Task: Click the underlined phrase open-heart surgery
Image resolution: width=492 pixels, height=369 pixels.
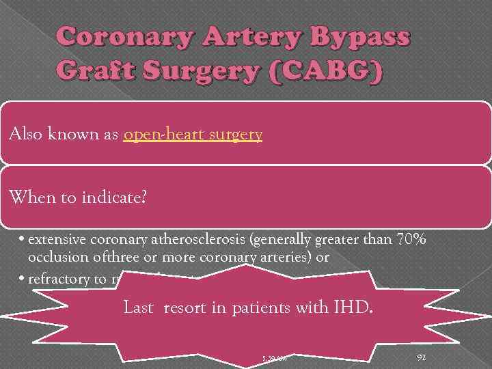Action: pos(193,135)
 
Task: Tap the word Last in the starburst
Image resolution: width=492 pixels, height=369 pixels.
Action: pos(137,307)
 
